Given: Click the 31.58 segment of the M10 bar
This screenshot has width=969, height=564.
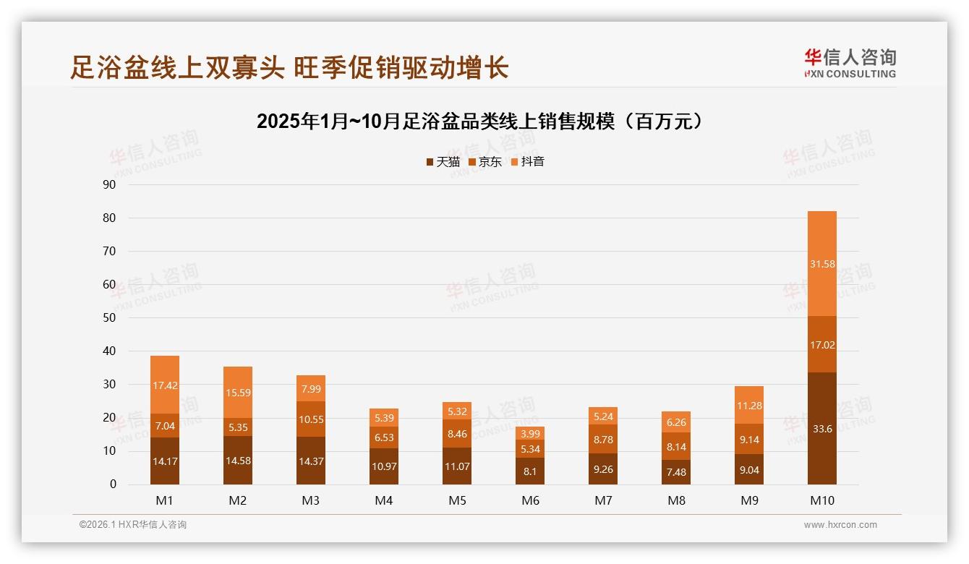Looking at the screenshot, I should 822,264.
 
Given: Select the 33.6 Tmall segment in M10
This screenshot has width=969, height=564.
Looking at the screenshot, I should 822,428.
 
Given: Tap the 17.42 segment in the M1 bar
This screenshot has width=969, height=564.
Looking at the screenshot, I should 166,385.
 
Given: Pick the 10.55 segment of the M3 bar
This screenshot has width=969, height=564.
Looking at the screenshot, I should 312,419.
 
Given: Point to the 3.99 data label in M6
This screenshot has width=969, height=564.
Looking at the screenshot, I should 531,433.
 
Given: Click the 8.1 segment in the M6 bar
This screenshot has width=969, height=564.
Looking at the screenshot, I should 531,471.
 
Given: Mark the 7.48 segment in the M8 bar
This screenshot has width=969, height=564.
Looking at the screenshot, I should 676,472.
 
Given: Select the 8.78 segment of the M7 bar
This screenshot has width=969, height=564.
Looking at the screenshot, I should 604,439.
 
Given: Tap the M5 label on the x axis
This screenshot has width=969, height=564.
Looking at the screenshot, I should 458,500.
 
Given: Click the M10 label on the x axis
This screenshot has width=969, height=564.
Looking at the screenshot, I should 822,500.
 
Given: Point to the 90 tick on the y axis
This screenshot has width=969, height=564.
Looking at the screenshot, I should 110,184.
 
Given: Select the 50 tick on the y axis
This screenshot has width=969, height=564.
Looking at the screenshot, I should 110,317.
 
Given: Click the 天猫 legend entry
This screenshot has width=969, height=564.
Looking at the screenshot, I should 443,162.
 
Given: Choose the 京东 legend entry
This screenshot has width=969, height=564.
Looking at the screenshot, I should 485,162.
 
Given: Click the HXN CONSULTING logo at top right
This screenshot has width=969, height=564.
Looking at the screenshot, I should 850,63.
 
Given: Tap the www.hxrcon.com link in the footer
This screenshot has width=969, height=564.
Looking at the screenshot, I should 840,525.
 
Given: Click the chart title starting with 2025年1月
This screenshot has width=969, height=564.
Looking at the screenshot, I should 480,121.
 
